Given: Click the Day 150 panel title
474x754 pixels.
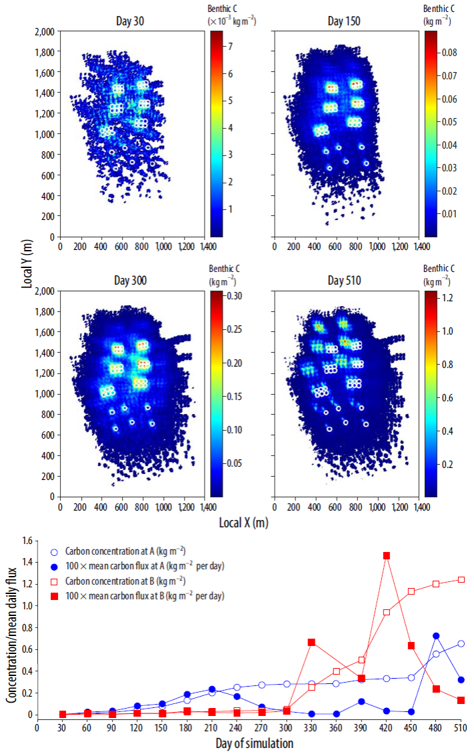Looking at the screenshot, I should coord(344,21).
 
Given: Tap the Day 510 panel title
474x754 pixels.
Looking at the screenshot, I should coord(344,281).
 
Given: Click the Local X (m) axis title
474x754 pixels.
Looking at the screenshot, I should coord(243,523).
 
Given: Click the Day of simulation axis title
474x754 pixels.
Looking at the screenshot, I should coord(254,743).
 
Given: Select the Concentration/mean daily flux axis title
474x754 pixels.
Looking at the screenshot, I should coord(11,629).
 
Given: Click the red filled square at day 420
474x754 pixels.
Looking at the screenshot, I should coord(387,555).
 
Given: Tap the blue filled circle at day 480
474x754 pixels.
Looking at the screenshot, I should coord(436,636).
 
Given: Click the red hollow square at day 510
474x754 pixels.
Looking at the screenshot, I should coord(461,579).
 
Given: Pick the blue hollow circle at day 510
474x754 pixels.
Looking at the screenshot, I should coord(461,643).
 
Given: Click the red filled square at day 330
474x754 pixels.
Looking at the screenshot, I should coord(311,642).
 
